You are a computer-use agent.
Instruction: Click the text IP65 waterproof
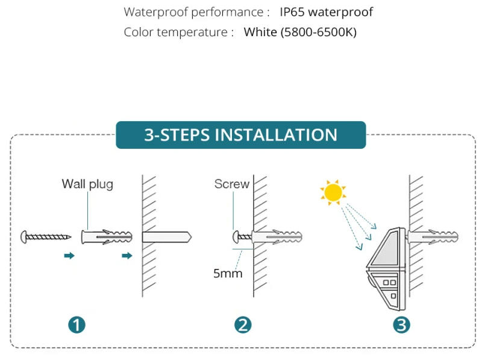pyautogui.click(x=326, y=12)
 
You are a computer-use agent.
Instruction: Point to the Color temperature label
pyautogui.click(x=178, y=32)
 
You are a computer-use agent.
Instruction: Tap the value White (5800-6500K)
pyautogui.click(x=300, y=32)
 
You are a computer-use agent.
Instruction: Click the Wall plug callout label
pyautogui.click(x=87, y=184)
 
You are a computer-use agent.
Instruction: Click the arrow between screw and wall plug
pyautogui.click(x=69, y=256)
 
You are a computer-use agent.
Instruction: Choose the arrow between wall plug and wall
pyautogui.click(x=127, y=256)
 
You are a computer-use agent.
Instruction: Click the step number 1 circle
pyautogui.click(x=77, y=325)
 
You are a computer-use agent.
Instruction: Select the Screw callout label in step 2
pyautogui.click(x=231, y=184)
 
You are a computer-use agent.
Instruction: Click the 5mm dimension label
pyautogui.click(x=228, y=274)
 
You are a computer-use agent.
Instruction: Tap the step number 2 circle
pyautogui.click(x=242, y=325)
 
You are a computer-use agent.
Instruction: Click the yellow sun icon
pyautogui.click(x=333, y=192)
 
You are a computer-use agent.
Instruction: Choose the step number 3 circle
pyautogui.click(x=402, y=325)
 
